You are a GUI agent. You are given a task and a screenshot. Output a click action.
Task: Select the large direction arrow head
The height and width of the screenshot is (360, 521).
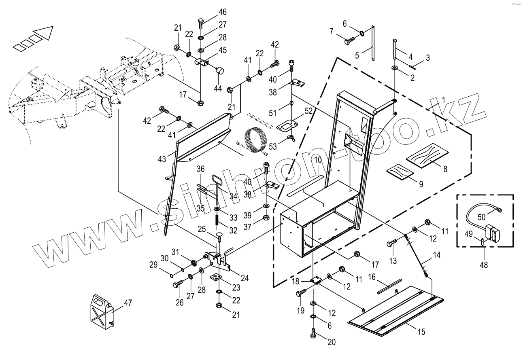point(44,32)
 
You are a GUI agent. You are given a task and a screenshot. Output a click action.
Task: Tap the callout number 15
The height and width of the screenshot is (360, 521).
point(421,332)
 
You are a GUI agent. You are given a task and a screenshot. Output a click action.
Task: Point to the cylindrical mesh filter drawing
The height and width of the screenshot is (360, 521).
point(255,138)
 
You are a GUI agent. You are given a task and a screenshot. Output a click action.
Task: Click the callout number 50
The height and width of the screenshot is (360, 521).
point(481,217)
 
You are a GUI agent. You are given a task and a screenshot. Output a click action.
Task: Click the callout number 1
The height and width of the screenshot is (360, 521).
point(444,100)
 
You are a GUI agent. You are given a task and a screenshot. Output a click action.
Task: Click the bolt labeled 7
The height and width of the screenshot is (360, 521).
point(349,41)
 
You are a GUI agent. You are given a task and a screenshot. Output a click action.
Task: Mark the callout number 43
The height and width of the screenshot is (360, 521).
point(162,159)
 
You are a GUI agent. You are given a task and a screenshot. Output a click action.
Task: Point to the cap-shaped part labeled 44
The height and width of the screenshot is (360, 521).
point(220,71)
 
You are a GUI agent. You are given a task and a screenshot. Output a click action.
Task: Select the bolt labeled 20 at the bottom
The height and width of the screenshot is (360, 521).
point(313,334)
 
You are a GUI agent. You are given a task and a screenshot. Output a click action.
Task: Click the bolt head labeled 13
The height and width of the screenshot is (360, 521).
point(391,244)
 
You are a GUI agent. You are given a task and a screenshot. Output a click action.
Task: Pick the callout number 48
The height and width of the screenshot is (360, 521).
point(483,265)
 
